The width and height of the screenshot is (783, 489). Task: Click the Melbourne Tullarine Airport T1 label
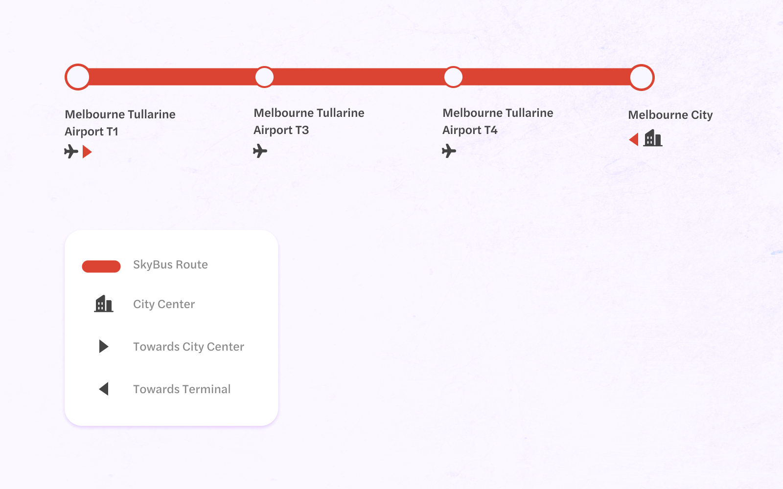(x=120, y=123)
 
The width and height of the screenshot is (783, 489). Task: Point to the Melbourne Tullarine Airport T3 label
(x=309, y=122)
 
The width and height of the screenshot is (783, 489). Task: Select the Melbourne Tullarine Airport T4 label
(x=498, y=122)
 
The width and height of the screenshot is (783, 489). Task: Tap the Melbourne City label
(x=670, y=115)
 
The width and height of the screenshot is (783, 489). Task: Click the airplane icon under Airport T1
(x=71, y=152)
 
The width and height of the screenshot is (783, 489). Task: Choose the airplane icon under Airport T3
(x=260, y=151)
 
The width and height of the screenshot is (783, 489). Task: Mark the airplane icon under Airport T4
(x=449, y=151)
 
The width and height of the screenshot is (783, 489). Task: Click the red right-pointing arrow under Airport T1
(x=87, y=152)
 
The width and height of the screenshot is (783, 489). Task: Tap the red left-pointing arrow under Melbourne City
(x=634, y=139)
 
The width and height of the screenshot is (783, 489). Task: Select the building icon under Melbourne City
(x=653, y=138)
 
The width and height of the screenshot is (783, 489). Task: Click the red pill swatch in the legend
(x=101, y=266)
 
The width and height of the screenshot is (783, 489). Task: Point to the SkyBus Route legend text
(x=170, y=265)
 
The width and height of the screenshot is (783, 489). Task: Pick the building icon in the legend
(x=104, y=304)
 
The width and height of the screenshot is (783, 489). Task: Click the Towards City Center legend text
(x=188, y=347)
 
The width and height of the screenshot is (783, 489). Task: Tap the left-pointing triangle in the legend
(x=104, y=389)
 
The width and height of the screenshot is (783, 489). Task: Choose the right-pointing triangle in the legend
(x=104, y=346)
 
